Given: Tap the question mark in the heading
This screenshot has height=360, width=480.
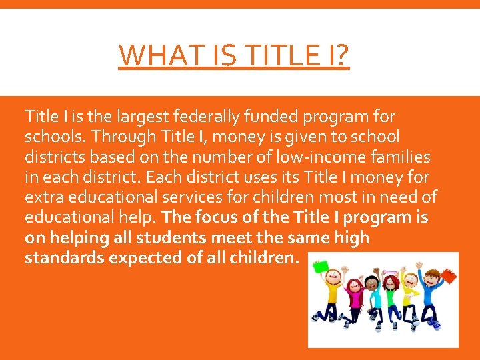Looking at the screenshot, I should tap(341, 55).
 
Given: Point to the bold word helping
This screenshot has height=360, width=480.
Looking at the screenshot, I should tap(76, 237).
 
